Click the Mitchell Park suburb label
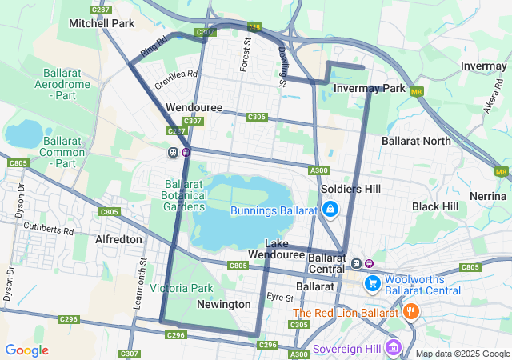click(x=102, y=24)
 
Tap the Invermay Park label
click(x=369, y=88)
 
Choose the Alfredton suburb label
click(x=118, y=239)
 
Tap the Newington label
click(x=224, y=304)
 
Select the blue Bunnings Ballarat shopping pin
click(x=330, y=210)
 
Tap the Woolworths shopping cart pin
click(x=372, y=284)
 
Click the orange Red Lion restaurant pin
click(x=411, y=312)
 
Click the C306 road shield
click(x=256, y=117)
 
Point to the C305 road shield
click(x=299, y=325)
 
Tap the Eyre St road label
click(x=280, y=296)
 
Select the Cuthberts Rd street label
click(x=50, y=230)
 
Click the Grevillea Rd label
click(x=175, y=78)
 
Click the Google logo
click(x=26, y=350)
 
